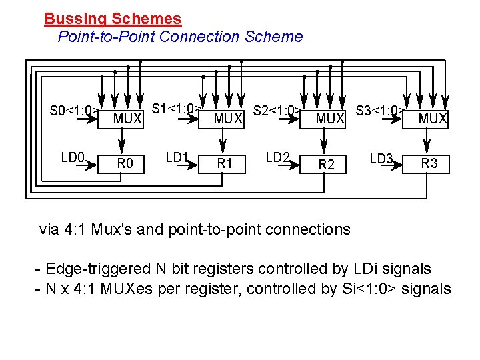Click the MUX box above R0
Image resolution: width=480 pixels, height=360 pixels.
click(x=127, y=119)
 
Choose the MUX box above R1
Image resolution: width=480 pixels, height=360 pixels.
click(x=228, y=119)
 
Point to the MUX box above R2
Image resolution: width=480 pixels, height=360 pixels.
click(x=329, y=119)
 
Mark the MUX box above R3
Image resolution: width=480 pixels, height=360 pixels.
click(x=432, y=119)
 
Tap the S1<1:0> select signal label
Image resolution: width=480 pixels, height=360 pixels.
click(x=176, y=108)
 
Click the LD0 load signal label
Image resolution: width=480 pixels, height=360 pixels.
click(x=73, y=158)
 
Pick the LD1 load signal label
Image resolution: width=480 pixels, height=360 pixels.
click(x=177, y=158)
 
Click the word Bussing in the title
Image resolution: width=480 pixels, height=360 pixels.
click(x=71, y=19)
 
